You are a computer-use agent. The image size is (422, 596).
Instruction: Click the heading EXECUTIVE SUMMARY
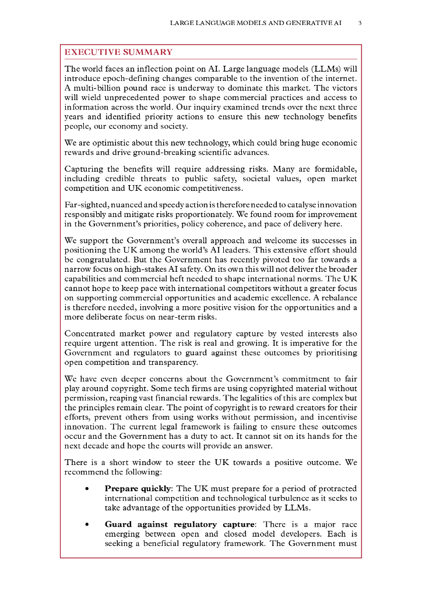click(x=118, y=52)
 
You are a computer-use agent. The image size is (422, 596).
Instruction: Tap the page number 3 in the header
click(x=360, y=23)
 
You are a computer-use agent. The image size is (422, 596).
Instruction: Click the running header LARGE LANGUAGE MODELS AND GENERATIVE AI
click(x=255, y=23)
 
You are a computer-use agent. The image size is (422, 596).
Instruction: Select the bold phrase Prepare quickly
click(x=138, y=488)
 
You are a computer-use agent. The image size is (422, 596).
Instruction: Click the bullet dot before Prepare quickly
click(x=87, y=488)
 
